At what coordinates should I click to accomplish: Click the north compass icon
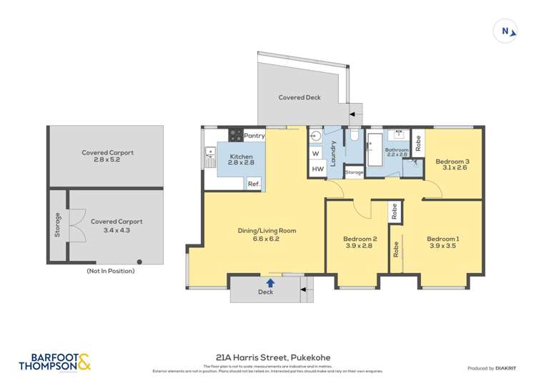coord(506,31)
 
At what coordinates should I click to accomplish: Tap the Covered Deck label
coord(299,97)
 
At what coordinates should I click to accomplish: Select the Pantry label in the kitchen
coord(254,135)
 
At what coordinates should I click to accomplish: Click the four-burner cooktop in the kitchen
coord(236,134)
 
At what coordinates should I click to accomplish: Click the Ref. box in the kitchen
coord(253,184)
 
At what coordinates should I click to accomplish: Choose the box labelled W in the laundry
coord(315,153)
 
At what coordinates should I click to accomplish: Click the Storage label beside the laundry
coord(354,172)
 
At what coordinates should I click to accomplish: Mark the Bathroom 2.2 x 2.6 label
coord(397,152)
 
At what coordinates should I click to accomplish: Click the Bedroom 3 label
coord(452,162)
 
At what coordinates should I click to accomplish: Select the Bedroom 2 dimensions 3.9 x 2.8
coord(359,247)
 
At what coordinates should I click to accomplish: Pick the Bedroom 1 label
coord(442,239)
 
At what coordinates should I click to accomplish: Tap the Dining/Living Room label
coord(267,231)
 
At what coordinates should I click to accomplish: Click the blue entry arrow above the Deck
coord(270,283)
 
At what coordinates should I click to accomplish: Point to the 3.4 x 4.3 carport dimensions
coord(116,230)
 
